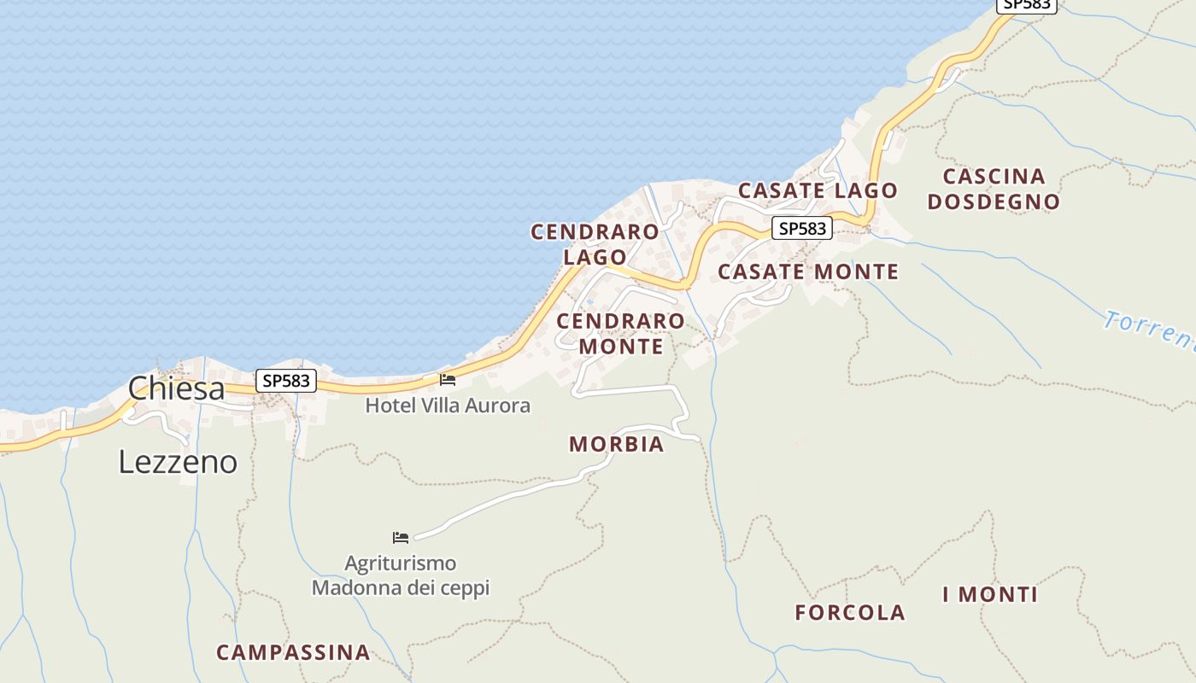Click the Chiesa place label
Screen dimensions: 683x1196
point(176,388)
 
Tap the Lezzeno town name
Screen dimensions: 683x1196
point(178,462)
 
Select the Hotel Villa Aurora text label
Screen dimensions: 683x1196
point(448,406)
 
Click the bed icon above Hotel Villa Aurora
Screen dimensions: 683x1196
point(448,379)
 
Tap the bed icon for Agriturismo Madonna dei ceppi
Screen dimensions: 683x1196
point(401,537)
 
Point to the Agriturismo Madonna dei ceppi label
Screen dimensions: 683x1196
point(401,575)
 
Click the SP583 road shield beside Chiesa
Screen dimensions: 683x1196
point(286,381)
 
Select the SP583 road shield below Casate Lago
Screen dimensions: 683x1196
point(802,229)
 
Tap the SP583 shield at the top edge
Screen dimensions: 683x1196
point(1027,4)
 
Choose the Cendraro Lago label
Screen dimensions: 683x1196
point(595,244)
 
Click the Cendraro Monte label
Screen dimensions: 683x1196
point(620,333)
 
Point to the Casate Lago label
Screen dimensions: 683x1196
point(818,190)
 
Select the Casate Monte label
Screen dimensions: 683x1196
point(807,271)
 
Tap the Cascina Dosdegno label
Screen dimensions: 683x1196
point(994,189)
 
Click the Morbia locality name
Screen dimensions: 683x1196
point(616,444)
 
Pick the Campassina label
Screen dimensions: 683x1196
point(293,652)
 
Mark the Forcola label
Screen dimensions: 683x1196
point(849,612)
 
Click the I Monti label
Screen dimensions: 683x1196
point(990,594)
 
